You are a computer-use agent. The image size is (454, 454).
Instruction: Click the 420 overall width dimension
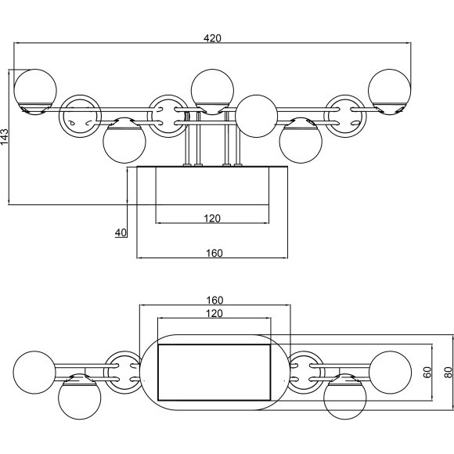[x=212, y=38]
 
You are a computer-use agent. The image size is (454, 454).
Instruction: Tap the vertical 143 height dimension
[x=5, y=136]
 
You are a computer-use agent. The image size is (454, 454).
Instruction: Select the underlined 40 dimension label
[x=121, y=232]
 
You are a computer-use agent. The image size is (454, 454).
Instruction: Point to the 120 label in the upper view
[x=212, y=218]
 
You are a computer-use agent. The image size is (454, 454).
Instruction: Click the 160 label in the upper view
[x=214, y=254]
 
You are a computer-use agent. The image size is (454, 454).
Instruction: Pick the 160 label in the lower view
[x=214, y=301]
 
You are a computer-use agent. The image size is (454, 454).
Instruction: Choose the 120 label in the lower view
[x=214, y=313]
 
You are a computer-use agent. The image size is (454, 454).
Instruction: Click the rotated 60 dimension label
[x=427, y=372]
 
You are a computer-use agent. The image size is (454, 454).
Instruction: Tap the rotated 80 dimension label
[x=448, y=372]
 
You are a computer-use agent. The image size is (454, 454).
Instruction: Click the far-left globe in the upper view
[x=35, y=92]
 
